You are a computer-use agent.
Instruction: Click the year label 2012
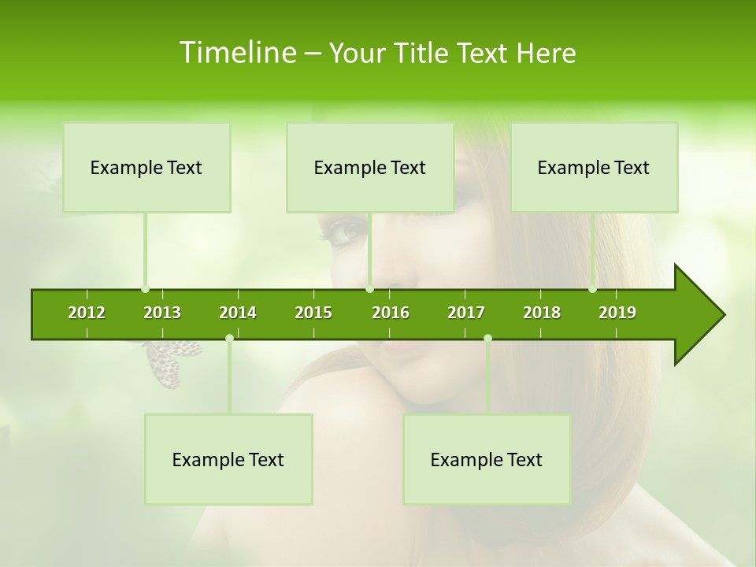[87, 313]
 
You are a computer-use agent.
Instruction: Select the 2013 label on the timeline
[162, 313]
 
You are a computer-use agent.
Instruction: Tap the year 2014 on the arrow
[238, 313]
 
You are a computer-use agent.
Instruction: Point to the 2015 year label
[313, 313]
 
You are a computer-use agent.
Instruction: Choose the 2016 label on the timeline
[391, 313]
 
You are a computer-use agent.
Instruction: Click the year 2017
[466, 313]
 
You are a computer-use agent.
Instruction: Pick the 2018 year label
[542, 313]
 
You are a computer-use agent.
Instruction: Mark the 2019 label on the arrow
[617, 313]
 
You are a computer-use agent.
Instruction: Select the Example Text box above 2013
[146, 168]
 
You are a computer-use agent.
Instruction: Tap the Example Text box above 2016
[370, 168]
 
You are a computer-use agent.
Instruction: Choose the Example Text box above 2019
[594, 168]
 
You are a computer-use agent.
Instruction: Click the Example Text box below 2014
[228, 460]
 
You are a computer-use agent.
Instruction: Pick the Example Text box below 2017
[487, 460]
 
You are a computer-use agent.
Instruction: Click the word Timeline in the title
[237, 53]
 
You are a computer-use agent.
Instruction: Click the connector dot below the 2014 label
[229, 338]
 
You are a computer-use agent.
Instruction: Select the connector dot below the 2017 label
[487, 338]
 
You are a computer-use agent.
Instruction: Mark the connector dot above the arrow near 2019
[593, 289]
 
